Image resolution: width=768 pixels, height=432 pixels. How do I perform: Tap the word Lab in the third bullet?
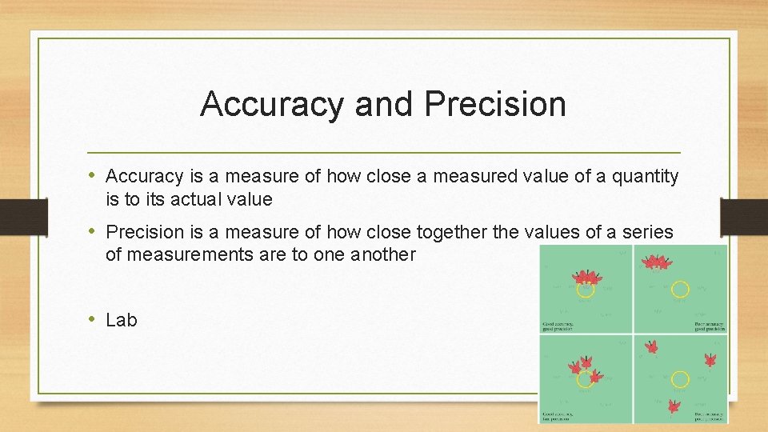pos(122,320)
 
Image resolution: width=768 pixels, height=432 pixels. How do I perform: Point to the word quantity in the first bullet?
pos(646,176)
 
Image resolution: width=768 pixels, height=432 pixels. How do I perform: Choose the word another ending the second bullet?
pos(383,254)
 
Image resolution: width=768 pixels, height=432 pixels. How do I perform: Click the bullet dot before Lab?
pos(93,319)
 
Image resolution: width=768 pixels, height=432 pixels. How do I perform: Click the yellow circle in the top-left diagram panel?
pos(586,289)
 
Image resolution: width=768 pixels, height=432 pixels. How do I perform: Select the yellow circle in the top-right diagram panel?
pos(680,289)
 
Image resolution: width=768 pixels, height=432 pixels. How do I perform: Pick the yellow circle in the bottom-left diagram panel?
pos(586,378)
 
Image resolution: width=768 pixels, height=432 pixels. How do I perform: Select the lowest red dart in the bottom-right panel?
pos(674,406)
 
